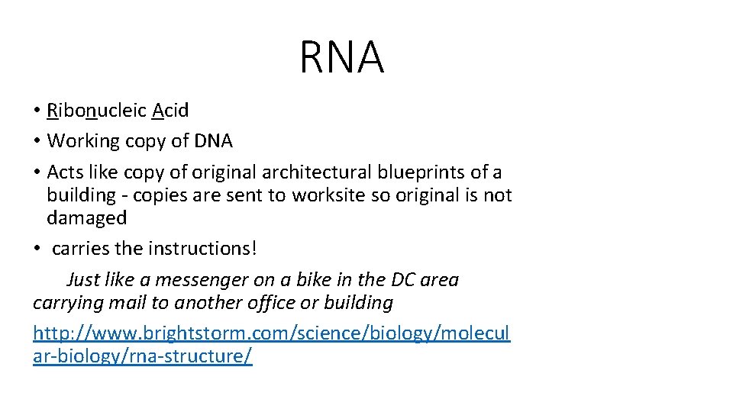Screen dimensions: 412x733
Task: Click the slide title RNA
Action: [341, 58]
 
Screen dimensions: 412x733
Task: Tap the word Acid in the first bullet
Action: [170, 111]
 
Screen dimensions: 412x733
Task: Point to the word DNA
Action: [212, 141]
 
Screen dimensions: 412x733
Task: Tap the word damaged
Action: [86, 218]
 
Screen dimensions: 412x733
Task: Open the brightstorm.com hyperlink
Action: [271, 333]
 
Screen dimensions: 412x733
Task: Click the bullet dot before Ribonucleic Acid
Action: [37, 111]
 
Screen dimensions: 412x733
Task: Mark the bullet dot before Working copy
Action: [37, 142]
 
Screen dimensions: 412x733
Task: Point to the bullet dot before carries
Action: [37, 249]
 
